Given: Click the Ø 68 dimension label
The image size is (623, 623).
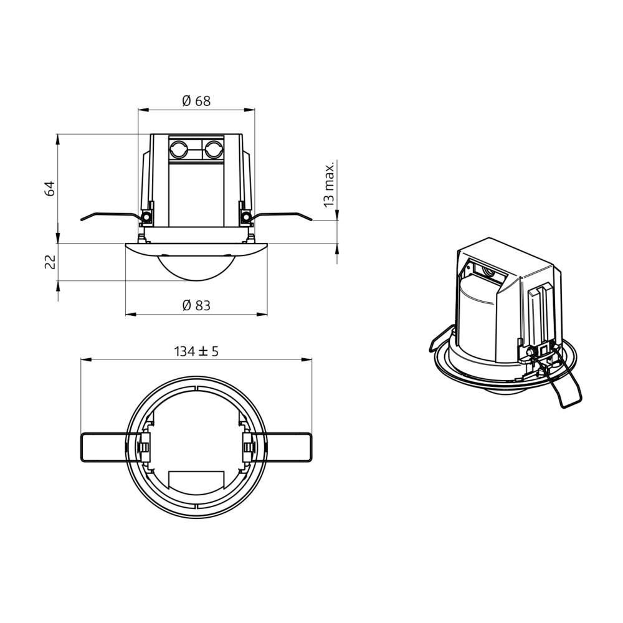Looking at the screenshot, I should (196, 101).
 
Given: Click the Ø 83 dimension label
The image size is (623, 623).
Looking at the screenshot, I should (196, 305).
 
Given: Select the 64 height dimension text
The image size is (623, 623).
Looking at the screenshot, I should (50, 188).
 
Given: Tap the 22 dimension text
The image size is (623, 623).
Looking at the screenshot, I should (50, 262).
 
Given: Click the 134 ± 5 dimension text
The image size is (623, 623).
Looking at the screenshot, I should (196, 351).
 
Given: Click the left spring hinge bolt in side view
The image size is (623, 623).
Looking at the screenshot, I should (147, 217).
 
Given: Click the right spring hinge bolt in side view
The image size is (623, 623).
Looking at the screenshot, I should (245, 217).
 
